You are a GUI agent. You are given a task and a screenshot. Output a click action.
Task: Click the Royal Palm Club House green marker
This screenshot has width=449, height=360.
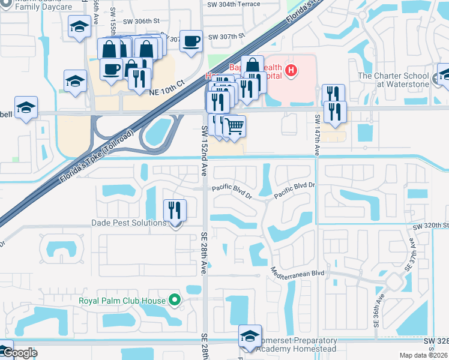pyautogui.click(x=175, y=299)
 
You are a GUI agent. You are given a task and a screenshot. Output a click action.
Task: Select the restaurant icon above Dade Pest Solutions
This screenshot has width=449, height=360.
pyautogui.click(x=175, y=209)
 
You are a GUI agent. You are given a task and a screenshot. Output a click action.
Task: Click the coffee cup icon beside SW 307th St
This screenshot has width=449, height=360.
pyautogui.click(x=191, y=41)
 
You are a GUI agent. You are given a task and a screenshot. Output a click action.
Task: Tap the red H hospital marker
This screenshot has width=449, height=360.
pyautogui.click(x=291, y=71)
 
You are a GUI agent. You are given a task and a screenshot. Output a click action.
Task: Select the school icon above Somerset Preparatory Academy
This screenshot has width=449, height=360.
pyautogui.click(x=250, y=336)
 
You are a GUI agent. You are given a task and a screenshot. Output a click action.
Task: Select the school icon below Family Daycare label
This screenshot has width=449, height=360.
pyautogui.click(x=79, y=27)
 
